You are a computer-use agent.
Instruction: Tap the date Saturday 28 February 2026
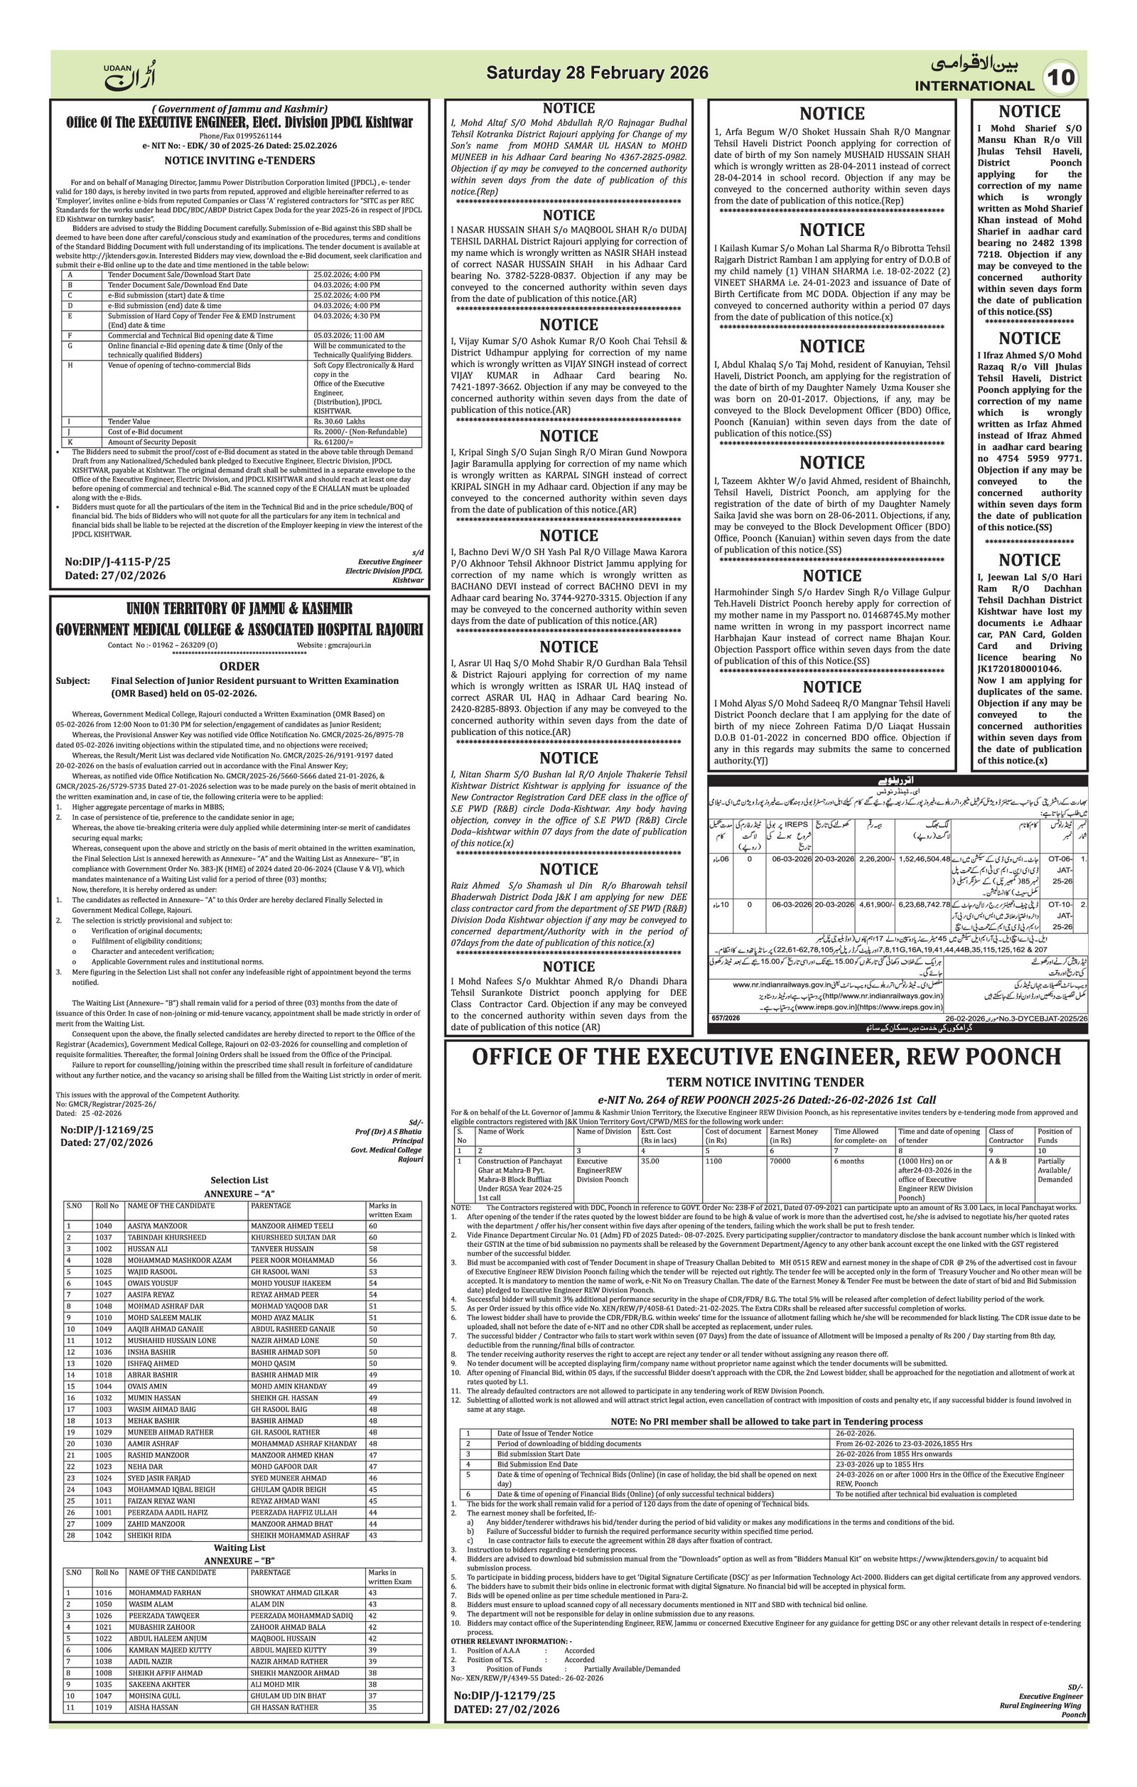597,73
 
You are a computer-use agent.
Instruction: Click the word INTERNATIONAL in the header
974,85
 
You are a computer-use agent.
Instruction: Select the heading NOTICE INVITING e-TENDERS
239,161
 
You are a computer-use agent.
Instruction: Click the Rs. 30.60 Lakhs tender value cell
335,422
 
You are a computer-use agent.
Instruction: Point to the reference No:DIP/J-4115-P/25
117,562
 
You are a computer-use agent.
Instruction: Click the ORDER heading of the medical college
239,667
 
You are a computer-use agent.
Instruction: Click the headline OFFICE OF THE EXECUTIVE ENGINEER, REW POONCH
766,1056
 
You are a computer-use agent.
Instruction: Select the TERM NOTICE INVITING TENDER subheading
765,1082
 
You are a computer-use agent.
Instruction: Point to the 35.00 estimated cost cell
650,1161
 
